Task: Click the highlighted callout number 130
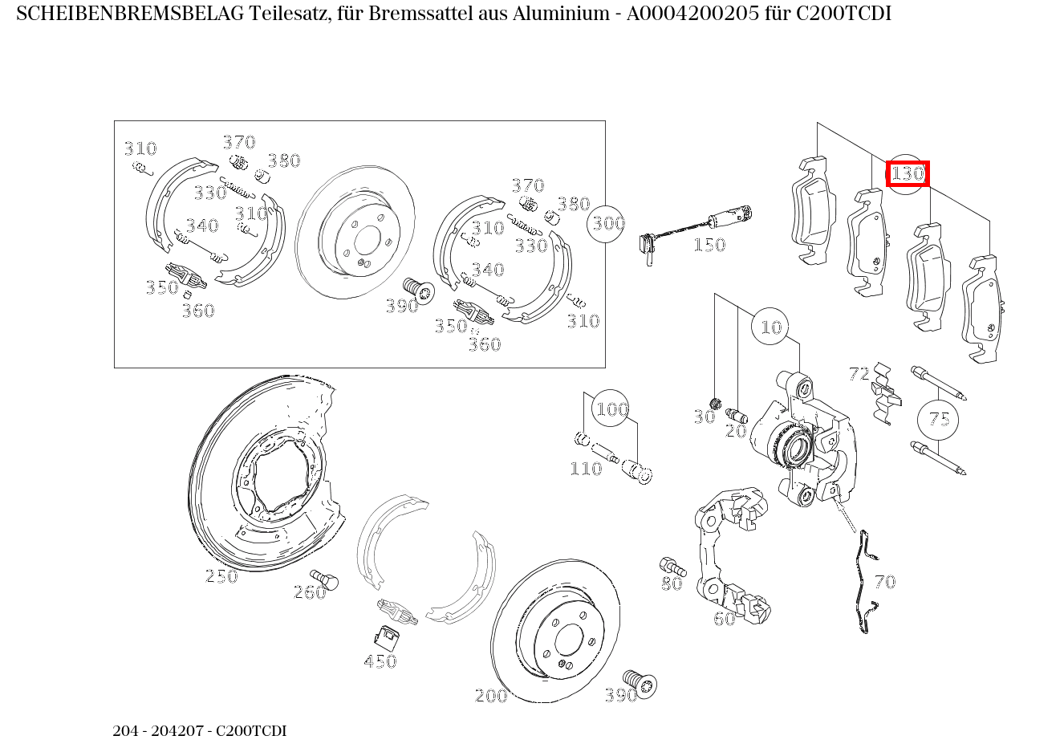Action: click(908, 173)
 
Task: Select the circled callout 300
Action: click(608, 223)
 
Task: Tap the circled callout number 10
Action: click(770, 327)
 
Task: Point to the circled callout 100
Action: click(611, 409)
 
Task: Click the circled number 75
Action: click(938, 419)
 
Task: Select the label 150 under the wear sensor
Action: click(709, 245)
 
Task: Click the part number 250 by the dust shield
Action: click(221, 576)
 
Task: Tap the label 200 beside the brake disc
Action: click(491, 696)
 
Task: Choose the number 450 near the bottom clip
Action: click(380, 661)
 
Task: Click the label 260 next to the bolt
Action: click(310, 593)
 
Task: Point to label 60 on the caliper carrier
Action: click(724, 619)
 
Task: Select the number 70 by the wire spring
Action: click(884, 582)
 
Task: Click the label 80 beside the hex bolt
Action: click(672, 583)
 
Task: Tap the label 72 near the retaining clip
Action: click(859, 373)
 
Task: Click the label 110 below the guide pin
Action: click(586, 469)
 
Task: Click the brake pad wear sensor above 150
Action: click(694, 224)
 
